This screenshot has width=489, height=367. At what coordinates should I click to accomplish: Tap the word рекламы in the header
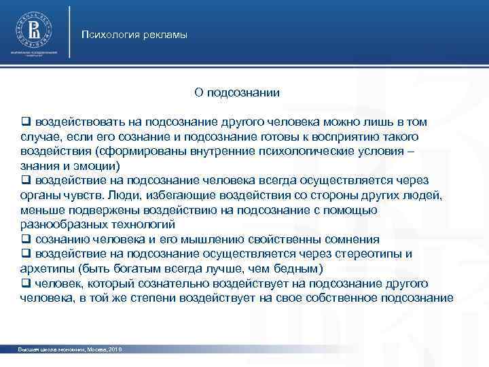click(x=164, y=35)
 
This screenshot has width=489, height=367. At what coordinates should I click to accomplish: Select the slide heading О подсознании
click(x=237, y=91)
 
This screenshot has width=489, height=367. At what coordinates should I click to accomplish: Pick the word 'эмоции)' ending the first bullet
click(x=99, y=166)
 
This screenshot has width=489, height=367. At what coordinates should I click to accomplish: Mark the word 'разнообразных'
click(x=62, y=224)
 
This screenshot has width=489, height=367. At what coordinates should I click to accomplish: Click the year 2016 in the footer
click(x=117, y=349)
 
